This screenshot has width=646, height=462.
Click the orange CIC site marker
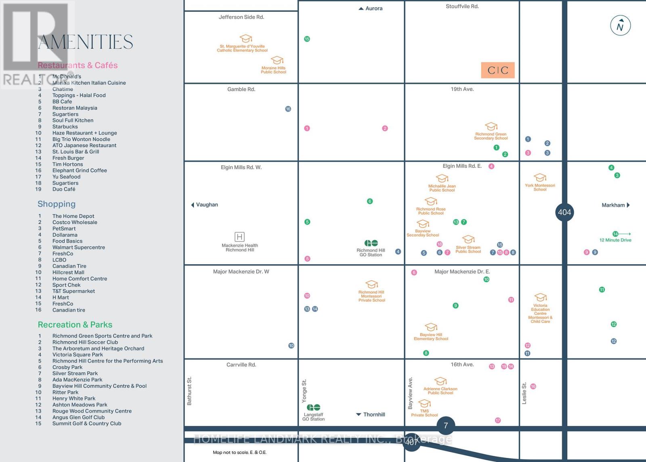(498, 70)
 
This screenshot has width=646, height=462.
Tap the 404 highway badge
(564, 212)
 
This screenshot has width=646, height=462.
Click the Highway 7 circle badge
(446, 425)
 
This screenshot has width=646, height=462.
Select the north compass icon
(620, 26)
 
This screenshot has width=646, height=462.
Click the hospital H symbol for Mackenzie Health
(239, 237)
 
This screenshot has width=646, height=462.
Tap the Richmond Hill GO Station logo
(371, 243)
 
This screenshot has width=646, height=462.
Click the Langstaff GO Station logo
(313, 407)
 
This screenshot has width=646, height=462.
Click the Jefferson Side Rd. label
(241, 17)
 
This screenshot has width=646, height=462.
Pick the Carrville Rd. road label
(241, 365)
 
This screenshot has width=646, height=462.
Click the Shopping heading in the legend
(57, 204)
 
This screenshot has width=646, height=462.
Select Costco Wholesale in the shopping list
(75, 222)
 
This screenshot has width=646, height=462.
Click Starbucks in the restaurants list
(65, 127)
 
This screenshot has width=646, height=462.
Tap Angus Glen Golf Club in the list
(78, 417)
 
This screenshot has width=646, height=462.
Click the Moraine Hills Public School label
(273, 70)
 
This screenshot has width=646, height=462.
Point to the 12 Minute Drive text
(615, 240)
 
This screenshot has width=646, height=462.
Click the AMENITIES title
(86, 42)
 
